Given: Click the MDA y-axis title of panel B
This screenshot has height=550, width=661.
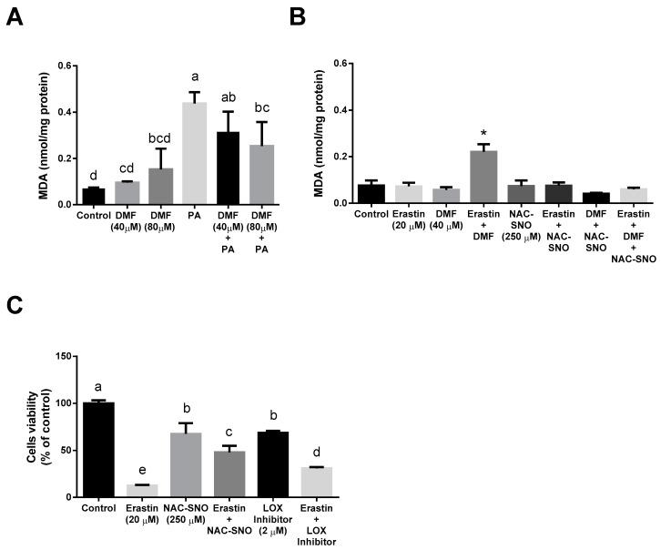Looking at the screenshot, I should (343, 134).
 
